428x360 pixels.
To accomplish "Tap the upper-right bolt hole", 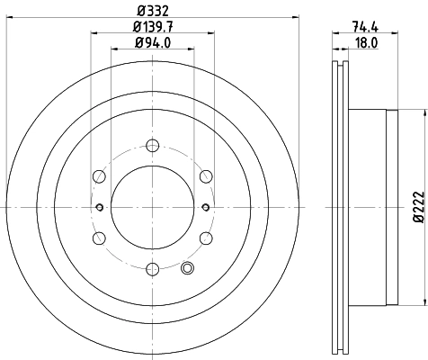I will tap(205, 176).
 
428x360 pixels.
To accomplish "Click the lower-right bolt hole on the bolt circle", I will tap(205, 238).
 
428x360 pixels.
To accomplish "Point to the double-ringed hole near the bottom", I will tap(187, 267).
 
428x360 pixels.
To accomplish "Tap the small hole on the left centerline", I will tap(99, 208).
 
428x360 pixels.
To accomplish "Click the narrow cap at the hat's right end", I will tap(391, 208).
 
